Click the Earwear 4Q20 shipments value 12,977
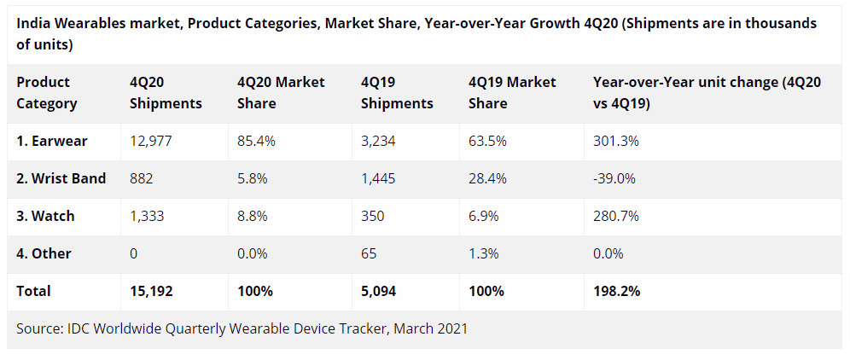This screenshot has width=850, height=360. click(151, 141)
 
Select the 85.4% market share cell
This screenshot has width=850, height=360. click(256, 141)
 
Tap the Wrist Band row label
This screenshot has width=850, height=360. click(61, 178)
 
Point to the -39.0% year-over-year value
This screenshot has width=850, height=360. click(614, 178)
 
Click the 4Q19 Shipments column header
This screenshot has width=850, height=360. click(397, 93)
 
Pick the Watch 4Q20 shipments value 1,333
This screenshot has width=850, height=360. click(148, 216)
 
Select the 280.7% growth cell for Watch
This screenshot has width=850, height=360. click(615, 216)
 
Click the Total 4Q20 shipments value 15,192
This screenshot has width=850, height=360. click(151, 291)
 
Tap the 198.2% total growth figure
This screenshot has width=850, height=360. click(616, 291)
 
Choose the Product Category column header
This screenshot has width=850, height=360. click(47, 93)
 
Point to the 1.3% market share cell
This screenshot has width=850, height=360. click(484, 253)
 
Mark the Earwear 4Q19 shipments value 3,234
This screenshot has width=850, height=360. click(379, 141)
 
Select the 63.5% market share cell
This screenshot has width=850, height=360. click(488, 141)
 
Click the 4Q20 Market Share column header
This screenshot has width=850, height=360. click(281, 93)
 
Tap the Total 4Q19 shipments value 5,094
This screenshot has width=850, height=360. click(380, 291)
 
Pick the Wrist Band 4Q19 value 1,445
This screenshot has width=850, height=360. click(379, 178)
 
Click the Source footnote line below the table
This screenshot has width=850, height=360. click(242, 328)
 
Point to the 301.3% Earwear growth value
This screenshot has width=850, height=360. click(615, 141)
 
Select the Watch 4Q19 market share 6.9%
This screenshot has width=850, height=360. click(484, 216)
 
